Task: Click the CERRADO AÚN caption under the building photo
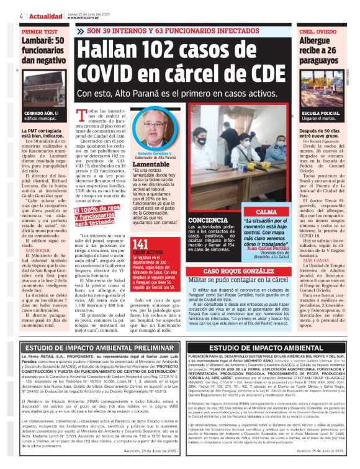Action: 40,113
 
